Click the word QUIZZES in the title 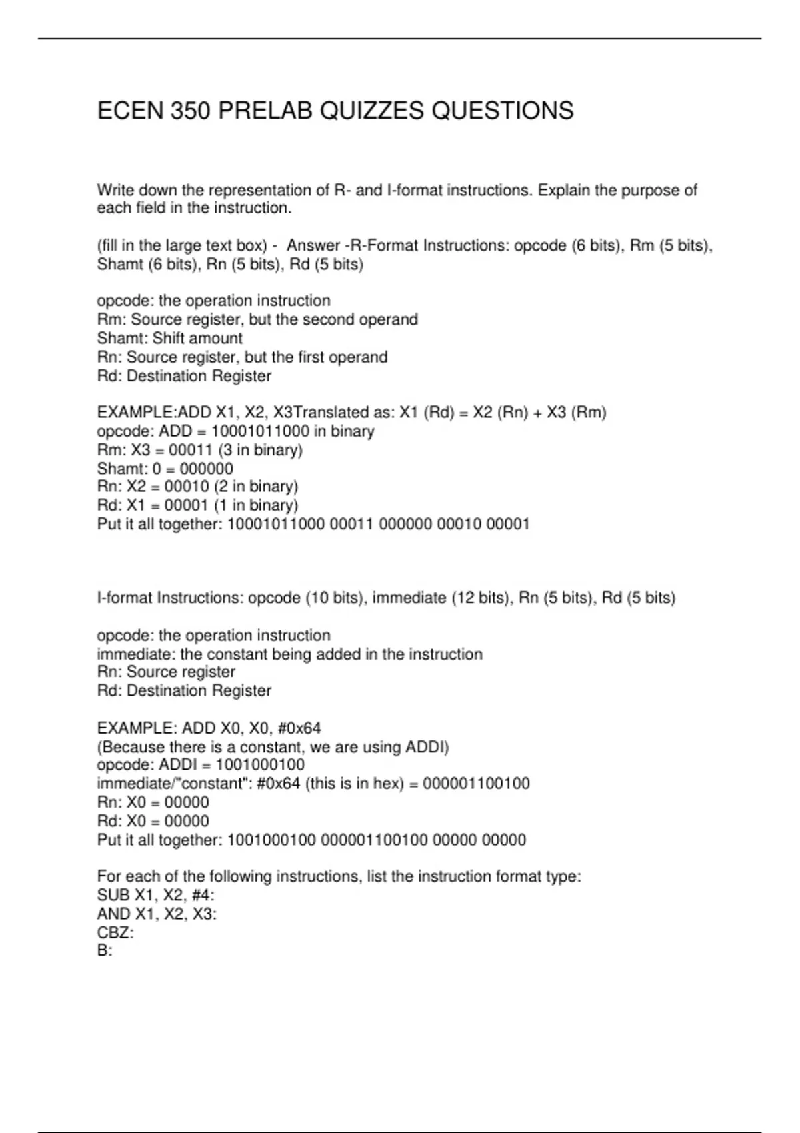tap(371, 111)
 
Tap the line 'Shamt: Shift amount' tap(169, 338)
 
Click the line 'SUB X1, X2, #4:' tap(155, 895)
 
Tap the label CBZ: tap(115, 932)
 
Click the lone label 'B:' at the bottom tap(105, 950)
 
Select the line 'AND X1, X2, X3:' tap(157, 914)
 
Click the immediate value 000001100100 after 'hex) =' tap(476, 784)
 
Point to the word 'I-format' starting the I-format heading tap(125, 598)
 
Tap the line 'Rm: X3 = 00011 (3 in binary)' tap(199, 450)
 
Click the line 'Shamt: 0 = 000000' tap(165, 469)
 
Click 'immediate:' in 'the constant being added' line tap(136, 654)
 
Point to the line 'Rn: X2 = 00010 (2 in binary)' tap(197, 487)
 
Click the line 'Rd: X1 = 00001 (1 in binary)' tap(197, 505)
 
